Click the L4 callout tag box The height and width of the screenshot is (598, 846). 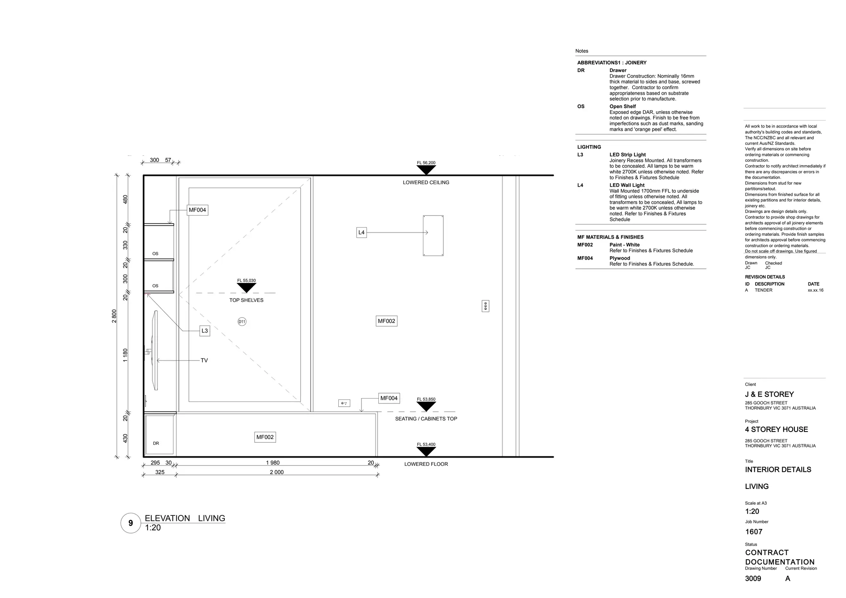(x=361, y=233)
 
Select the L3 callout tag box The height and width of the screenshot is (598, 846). (x=204, y=331)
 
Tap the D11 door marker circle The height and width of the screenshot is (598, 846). (x=242, y=322)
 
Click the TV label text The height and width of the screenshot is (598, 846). (x=204, y=361)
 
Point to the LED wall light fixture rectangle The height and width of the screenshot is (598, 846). (x=433, y=235)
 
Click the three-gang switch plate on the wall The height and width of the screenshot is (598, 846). (x=485, y=306)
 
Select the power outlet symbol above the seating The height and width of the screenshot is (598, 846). (x=344, y=403)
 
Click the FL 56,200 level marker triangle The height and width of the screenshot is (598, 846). (x=426, y=170)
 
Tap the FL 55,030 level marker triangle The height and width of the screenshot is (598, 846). (x=247, y=287)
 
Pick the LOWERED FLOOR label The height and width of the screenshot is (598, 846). (x=426, y=464)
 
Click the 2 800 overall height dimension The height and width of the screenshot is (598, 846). (x=114, y=316)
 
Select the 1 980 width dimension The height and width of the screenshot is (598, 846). (x=273, y=463)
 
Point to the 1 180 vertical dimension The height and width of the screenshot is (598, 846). (x=125, y=355)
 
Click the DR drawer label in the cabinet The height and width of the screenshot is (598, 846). (x=156, y=444)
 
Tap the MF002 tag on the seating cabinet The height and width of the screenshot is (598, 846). (x=265, y=437)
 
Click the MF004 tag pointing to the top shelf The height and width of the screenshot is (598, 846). (x=197, y=210)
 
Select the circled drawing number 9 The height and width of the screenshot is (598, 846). (x=131, y=523)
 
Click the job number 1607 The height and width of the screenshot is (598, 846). (x=753, y=532)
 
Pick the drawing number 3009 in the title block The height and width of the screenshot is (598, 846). (x=753, y=579)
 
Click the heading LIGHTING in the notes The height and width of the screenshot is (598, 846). (x=589, y=147)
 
